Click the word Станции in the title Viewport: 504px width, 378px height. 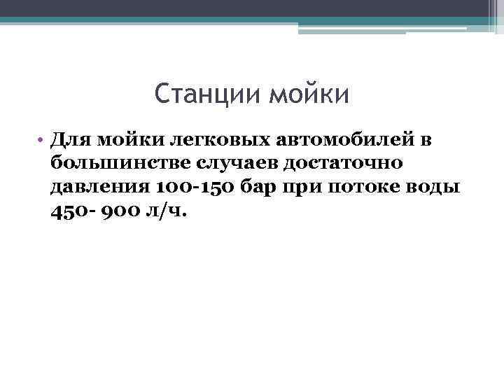click(x=206, y=93)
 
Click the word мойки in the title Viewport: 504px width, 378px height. click(x=308, y=93)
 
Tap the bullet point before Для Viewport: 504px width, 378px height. click(x=42, y=140)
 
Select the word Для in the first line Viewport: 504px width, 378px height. click(x=70, y=140)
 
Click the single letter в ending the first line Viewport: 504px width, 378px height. click(x=426, y=140)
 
